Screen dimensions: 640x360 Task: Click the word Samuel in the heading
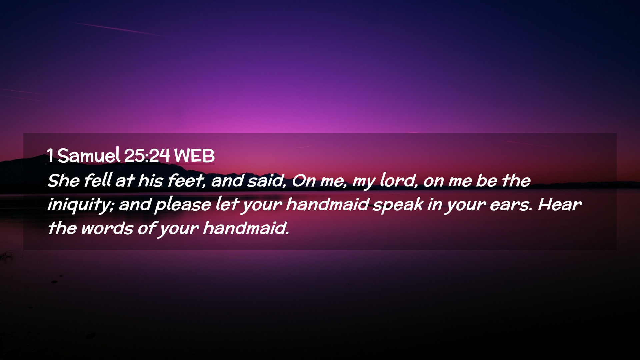(x=89, y=155)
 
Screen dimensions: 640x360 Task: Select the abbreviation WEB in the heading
(x=194, y=155)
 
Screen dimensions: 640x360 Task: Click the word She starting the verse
(x=64, y=181)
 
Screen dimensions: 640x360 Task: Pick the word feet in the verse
(x=186, y=181)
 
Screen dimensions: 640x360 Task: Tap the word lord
(x=398, y=181)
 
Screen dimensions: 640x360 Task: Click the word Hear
(x=560, y=204)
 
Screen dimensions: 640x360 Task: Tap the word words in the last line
(x=107, y=229)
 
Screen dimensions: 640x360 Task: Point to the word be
(x=487, y=181)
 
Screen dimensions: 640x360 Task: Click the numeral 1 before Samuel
(x=50, y=155)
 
